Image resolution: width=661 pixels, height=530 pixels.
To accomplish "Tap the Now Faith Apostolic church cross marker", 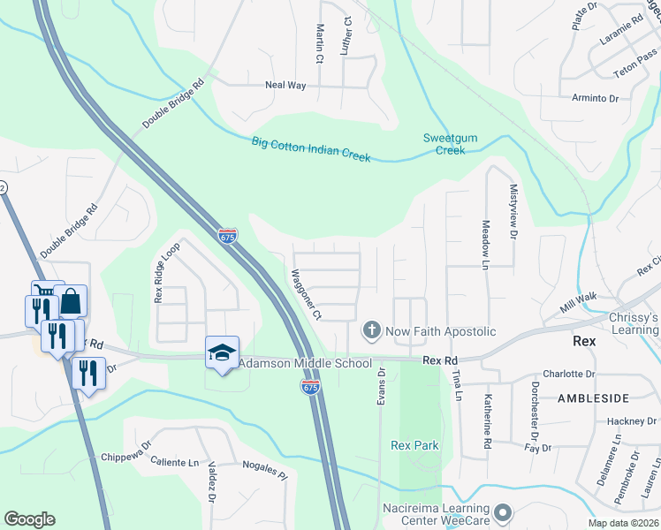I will tap(372, 332).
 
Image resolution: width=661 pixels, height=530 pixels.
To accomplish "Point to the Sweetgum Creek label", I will tap(444, 144).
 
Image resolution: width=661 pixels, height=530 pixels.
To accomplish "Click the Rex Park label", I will tap(414, 446).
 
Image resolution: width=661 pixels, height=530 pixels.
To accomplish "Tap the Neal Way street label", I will tap(285, 86).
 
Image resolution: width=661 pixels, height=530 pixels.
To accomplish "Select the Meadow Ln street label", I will tap(484, 244).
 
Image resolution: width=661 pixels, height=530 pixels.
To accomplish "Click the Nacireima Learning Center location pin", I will tap(504, 512).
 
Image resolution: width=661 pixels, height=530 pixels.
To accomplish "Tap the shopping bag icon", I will tap(71, 302).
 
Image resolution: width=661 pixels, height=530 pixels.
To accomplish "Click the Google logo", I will tap(29, 519).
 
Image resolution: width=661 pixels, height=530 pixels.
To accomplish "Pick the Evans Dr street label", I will tap(382, 387).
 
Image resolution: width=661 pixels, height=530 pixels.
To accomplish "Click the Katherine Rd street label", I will tap(487, 423).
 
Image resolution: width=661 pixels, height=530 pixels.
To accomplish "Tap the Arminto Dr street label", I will tap(595, 98).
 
